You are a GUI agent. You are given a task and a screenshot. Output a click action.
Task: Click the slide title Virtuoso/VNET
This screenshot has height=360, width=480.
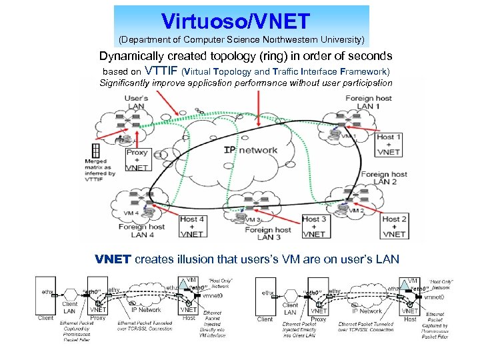click(241, 20)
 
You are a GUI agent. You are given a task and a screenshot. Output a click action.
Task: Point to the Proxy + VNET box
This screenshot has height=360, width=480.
click(136, 160)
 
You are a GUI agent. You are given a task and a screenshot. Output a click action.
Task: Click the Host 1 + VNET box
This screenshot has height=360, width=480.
click(389, 144)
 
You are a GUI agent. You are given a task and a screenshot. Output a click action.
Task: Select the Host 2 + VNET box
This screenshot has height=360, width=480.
click(394, 226)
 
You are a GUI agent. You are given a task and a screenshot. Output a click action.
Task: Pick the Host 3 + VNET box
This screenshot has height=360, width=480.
click(314, 226)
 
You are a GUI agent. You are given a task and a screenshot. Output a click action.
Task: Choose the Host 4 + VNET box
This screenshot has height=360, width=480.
click(192, 226)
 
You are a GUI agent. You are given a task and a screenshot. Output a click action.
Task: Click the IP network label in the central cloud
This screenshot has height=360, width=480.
click(251, 150)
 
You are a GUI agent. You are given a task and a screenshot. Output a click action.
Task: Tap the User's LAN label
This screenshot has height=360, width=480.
click(136, 103)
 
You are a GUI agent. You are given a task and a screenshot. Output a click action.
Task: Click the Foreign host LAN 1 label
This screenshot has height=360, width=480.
click(368, 102)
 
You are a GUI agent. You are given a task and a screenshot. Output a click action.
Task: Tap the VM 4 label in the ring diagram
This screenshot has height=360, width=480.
click(131, 213)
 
